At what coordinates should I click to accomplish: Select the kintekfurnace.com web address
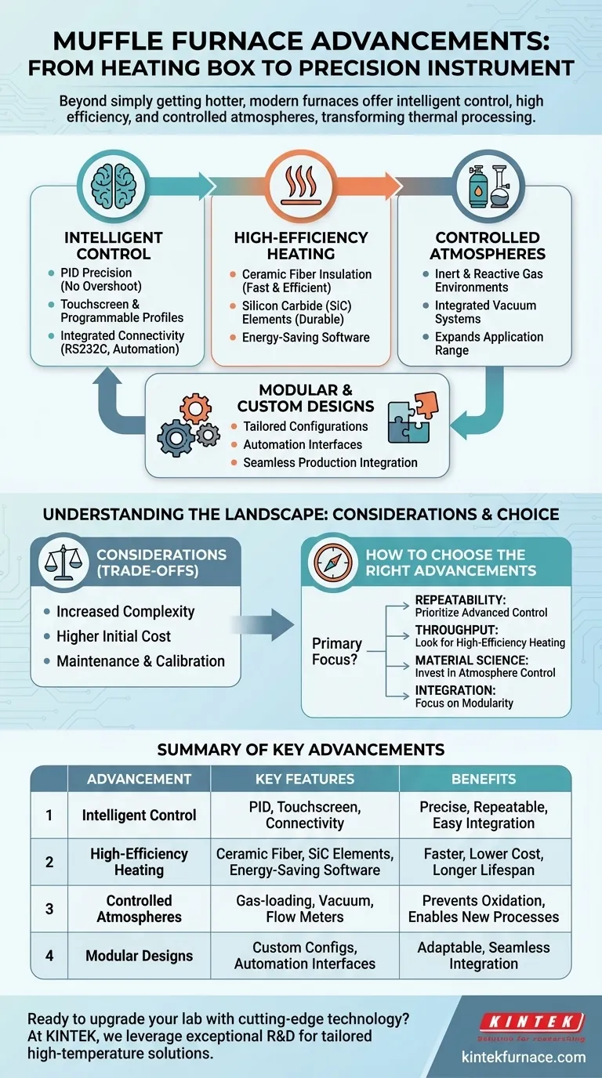(529, 1057)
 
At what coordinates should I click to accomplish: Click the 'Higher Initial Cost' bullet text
(113, 636)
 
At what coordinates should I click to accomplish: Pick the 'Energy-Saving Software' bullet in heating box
(306, 338)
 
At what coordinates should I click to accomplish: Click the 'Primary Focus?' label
(337, 650)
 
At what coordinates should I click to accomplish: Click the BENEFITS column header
(484, 779)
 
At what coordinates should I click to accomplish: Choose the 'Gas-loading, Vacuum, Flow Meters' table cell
(305, 909)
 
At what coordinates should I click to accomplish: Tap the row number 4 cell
(49, 955)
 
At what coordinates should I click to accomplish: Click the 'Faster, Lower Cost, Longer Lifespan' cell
(484, 862)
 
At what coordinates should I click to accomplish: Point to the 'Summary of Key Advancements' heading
(301, 750)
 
